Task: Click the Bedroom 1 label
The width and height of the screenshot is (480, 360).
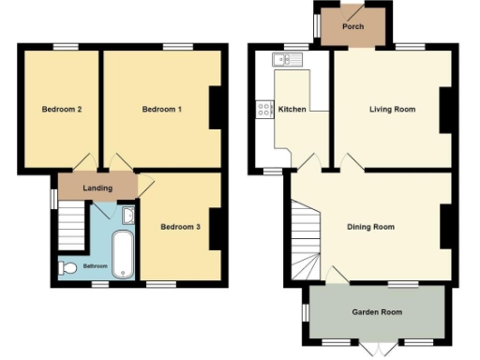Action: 161,110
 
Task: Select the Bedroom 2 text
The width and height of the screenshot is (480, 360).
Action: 62,110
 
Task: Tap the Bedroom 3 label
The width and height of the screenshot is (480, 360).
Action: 180,226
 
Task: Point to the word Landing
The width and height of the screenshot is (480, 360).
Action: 97,188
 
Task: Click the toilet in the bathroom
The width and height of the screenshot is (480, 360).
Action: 67,268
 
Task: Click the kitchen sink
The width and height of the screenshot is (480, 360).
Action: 282,60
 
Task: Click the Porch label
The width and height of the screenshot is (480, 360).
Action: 352,26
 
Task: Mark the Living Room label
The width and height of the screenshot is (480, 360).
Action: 392,110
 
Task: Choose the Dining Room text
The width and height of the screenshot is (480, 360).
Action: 370,227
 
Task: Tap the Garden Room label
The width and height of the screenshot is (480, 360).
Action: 376,312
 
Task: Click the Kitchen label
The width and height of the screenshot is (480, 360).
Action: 292,110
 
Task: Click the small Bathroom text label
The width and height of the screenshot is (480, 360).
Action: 95,266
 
